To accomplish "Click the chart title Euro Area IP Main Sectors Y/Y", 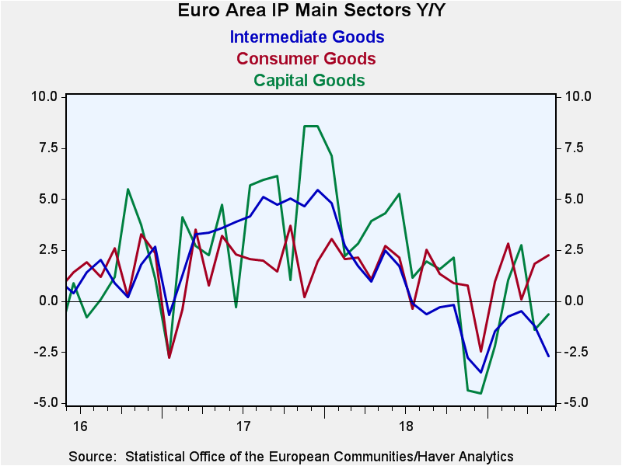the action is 312,10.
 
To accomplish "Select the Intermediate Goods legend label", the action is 307,37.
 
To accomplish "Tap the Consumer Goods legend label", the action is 306,59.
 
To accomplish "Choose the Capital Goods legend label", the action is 309,80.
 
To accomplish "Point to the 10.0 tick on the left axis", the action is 44,96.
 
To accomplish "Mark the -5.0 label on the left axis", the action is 46,403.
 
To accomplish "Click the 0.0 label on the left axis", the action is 48,301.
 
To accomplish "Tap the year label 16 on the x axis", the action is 80,426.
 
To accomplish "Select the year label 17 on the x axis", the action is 243,426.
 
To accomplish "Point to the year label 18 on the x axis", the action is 406,426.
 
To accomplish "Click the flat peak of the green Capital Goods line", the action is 311,126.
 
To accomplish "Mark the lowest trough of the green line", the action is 480,393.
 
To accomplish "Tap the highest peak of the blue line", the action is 317,190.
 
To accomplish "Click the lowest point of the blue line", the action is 480,372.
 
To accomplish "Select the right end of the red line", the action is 549,256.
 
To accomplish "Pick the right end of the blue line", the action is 549,356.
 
